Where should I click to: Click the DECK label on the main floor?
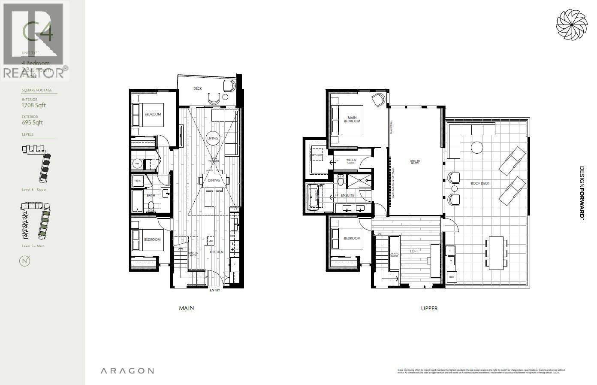pos(197,89)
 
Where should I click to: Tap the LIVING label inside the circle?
pos(213,138)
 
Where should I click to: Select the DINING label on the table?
pos(214,180)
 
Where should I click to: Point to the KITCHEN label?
pos(217,252)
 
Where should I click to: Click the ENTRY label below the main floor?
pos(215,291)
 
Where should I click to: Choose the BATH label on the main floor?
pos(151,195)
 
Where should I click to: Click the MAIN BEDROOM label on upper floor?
pos(354,119)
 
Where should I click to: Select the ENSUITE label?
pos(347,195)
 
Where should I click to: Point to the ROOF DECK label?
pos(480,183)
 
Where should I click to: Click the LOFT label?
pos(414,251)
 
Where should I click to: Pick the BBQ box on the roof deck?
pos(451,277)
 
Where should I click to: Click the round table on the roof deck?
pos(477,148)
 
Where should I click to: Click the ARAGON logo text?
pos(127,371)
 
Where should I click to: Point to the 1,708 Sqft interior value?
pos(33,106)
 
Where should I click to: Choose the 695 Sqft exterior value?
pos(32,123)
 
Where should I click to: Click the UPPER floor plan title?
pos(429,308)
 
